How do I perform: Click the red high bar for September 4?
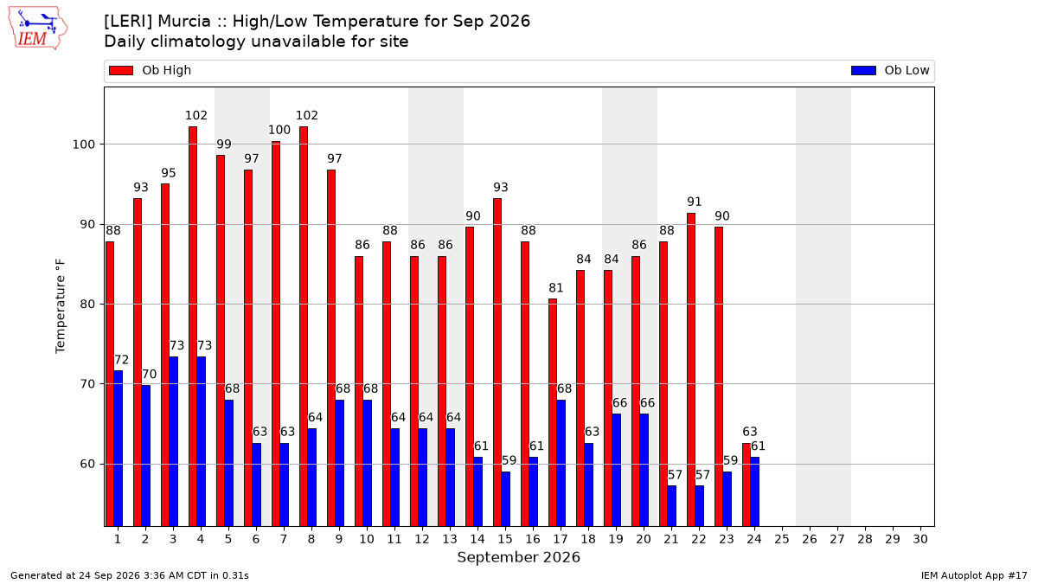tap(193, 326)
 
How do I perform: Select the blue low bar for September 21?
tap(671, 506)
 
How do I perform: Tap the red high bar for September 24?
tap(746, 485)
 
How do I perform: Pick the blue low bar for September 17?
tap(561, 463)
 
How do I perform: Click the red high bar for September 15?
tap(497, 363)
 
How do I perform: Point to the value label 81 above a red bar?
tap(555, 288)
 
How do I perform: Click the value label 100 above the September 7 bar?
tap(279, 130)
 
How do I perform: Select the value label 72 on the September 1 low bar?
tap(121, 360)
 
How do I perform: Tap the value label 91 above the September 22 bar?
tap(694, 202)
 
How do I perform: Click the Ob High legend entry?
tap(151, 70)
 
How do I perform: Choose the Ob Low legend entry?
tap(890, 70)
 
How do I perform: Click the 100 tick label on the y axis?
tap(83, 144)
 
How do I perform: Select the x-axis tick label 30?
tap(920, 539)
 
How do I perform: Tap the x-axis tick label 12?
tap(422, 539)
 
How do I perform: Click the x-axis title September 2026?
tap(518, 557)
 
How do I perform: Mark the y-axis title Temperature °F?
tap(61, 306)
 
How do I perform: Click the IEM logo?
tap(37, 29)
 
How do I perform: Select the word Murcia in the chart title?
tap(184, 22)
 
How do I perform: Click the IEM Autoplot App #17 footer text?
tap(974, 575)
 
